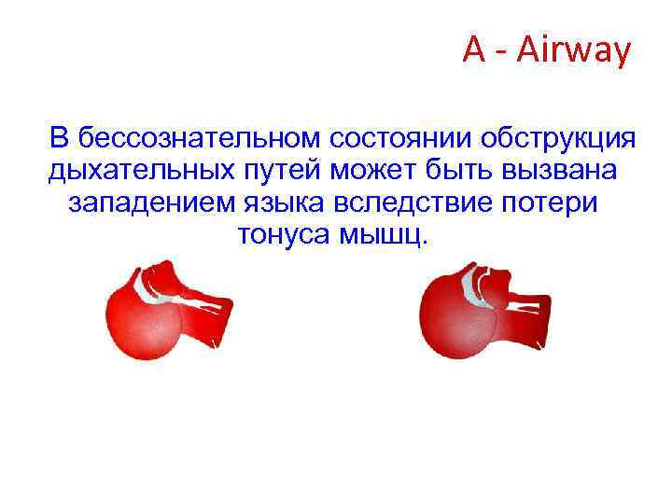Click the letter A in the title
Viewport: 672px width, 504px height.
(x=474, y=51)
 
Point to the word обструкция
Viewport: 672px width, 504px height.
(x=557, y=139)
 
